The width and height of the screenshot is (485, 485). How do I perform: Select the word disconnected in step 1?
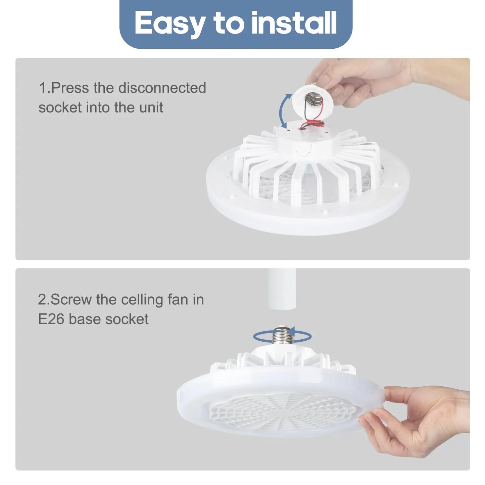click(162, 88)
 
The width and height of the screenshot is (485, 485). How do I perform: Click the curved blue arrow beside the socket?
click(284, 111)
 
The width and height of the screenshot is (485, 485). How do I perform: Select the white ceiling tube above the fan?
click(282, 289)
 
